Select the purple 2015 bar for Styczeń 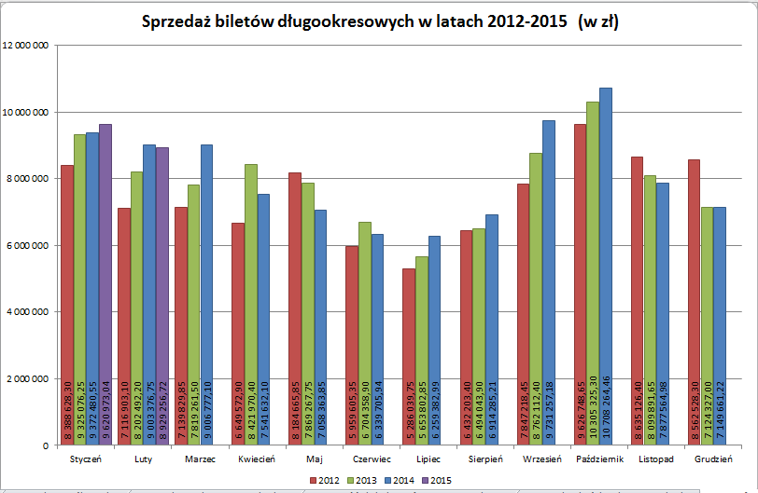coord(105,280)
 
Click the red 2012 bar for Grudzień coord(694,298)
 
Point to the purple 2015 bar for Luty coord(162,289)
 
